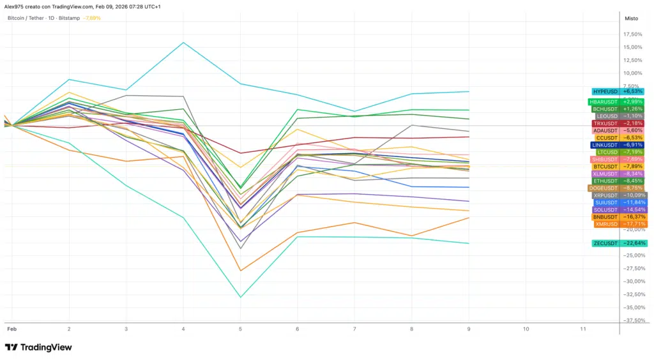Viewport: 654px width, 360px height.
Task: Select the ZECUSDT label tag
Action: coord(620,243)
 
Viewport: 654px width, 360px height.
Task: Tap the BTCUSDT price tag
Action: coord(620,167)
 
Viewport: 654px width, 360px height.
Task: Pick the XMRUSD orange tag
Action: coord(620,224)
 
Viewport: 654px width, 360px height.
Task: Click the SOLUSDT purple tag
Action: coord(620,210)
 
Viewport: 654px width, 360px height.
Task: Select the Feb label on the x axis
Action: coord(11,329)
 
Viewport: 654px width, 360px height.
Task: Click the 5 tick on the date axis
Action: coord(241,329)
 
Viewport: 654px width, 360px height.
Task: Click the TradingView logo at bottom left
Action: coord(38,347)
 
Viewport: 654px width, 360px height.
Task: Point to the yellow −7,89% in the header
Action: coord(92,19)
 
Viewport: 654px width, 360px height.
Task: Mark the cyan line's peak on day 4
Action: coord(184,43)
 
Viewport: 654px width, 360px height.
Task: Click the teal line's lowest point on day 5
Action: coord(241,297)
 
